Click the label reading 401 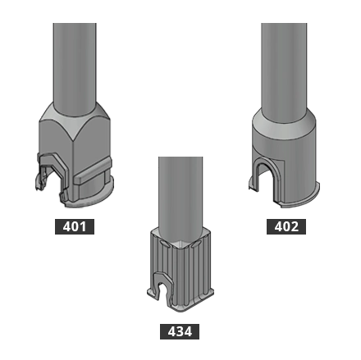(x=75, y=226)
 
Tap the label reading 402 (x=286, y=226)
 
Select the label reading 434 (x=180, y=331)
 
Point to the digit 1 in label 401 (x=85, y=226)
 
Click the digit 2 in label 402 (x=295, y=226)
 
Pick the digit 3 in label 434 (x=180, y=331)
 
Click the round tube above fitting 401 (x=75, y=57)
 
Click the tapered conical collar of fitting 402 (x=284, y=123)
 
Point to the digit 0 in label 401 (x=75, y=226)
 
